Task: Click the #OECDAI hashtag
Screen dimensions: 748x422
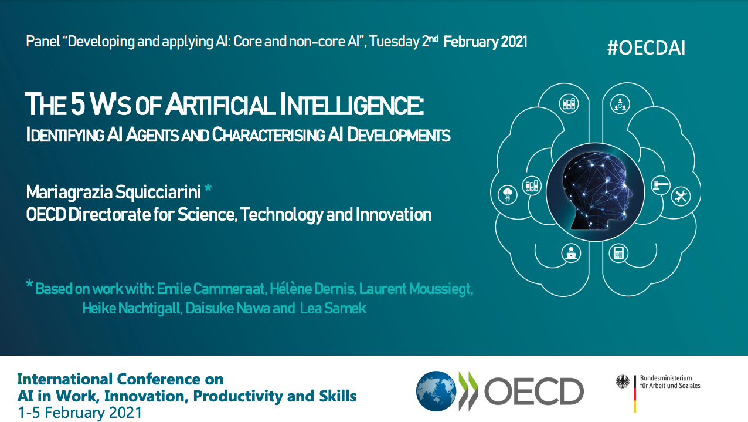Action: (x=646, y=48)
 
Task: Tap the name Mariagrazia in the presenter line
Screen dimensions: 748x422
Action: (x=69, y=193)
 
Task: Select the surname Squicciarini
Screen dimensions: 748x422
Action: (x=158, y=193)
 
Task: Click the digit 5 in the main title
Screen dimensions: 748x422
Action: (x=78, y=104)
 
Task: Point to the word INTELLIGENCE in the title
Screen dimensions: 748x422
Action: (x=351, y=104)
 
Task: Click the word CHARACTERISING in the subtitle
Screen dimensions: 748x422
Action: (x=268, y=135)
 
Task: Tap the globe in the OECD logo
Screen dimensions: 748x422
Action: (x=436, y=391)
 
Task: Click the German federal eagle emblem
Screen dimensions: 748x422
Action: (x=623, y=382)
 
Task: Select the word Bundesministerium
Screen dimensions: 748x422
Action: (x=666, y=378)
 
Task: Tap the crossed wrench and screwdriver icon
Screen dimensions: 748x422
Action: (x=681, y=196)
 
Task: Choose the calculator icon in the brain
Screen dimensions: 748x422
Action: (x=618, y=253)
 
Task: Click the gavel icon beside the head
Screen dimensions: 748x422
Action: (x=660, y=185)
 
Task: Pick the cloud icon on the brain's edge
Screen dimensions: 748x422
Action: (x=508, y=195)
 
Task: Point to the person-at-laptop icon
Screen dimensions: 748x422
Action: (x=571, y=253)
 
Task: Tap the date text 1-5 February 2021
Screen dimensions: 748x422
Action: (x=80, y=413)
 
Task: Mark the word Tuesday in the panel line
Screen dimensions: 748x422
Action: (x=394, y=42)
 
